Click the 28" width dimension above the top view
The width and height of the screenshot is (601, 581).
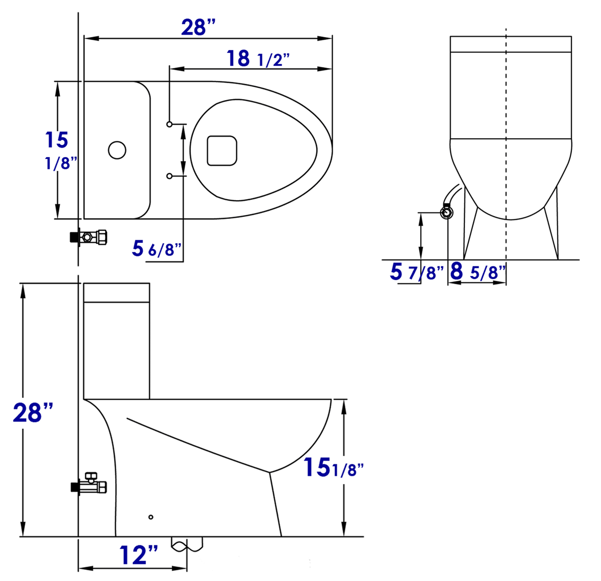199,27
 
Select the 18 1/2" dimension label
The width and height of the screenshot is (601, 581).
257,59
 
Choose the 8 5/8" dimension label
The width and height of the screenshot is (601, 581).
478,272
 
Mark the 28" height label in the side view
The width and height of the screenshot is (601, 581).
33,412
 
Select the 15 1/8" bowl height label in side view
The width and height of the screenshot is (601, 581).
333,468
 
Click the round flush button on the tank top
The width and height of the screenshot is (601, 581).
117,150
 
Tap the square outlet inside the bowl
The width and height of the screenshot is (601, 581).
222,151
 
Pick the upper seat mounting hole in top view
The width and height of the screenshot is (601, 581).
169,124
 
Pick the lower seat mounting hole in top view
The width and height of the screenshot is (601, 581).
169,176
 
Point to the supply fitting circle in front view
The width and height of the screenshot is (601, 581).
447,213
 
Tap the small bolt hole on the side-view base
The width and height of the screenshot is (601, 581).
151,517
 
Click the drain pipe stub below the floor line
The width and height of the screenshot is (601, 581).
187,544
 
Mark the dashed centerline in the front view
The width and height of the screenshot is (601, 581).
506,149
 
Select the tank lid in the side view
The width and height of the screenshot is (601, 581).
117,292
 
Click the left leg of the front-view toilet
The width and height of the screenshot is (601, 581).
470,233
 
